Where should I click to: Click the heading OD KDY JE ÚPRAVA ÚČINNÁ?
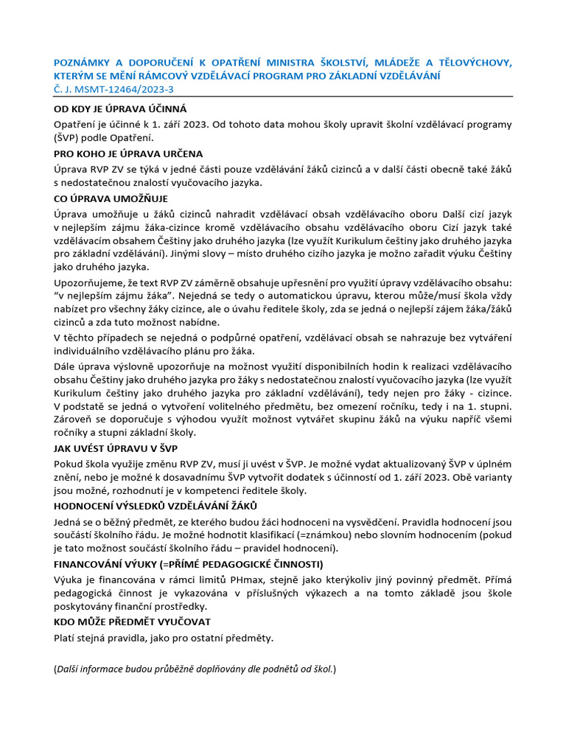click(121, 108)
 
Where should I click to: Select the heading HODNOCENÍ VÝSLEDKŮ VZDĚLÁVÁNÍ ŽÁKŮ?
click(156, 505)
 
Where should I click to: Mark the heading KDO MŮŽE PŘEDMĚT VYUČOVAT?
click(132, 622)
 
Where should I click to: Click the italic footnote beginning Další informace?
click(195, 669)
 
